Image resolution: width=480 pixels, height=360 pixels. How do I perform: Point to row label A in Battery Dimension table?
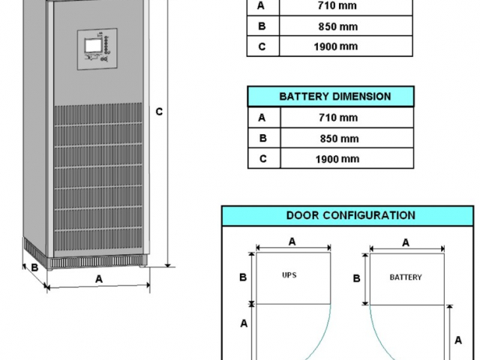pyautogui.click(x=262, y=118)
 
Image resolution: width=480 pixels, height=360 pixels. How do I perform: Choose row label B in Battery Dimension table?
pyautogui.click(x=262, y=139)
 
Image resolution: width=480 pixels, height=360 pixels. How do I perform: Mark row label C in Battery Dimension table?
pyautogui.click(x=262, y=159)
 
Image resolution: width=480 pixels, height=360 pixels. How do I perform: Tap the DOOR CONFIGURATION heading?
pyautogui.click(x=350, y=215)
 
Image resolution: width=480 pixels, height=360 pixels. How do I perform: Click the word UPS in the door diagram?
pyautogui.click(x=289, y=275)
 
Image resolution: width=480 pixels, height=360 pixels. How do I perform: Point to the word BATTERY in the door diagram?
pyautogui.click(x=405, y=277)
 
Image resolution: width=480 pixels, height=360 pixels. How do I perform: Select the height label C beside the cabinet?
pyautogui.click(x=159, y=112)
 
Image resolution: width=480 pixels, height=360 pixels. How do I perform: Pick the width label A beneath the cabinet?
pyautogui.click(x=98, y=278)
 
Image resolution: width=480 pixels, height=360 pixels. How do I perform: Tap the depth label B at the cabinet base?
pyautogui.click(x=34, y=267)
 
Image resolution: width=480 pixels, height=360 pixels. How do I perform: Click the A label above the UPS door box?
pyautogui.click(x=292, y=241)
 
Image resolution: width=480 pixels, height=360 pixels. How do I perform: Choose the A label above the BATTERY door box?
pyautogui.click(x=406, y=242)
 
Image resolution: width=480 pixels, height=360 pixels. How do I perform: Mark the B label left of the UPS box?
pyautogui.click(x=242, y=277)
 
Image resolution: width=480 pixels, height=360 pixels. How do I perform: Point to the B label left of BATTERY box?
pyautogui.click(x=357, y=278)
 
